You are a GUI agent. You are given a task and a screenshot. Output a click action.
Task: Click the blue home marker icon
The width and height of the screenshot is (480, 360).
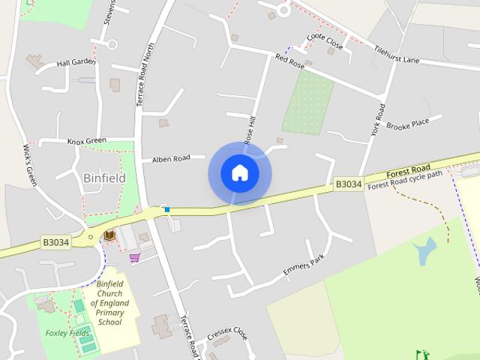[239, 173]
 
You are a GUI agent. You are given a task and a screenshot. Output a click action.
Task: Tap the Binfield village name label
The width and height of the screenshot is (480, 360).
[103, 178]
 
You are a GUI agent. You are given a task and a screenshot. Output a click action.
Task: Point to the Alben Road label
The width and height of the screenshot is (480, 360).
[171, 159]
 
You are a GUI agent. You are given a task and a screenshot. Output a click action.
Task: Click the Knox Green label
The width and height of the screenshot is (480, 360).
[86, 140]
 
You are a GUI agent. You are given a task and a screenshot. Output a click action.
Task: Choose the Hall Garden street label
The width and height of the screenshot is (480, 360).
[76, 63]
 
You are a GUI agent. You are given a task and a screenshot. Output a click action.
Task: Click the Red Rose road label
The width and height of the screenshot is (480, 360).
[289, 61]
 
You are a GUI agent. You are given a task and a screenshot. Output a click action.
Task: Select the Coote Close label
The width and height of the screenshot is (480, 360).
[325, 42]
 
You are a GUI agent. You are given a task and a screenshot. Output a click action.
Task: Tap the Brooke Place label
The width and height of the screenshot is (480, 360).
[407, 124]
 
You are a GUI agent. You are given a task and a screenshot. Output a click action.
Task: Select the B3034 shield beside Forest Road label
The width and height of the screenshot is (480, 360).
[348, 184]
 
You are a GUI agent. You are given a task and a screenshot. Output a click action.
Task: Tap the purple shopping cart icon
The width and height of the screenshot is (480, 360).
[134, 257]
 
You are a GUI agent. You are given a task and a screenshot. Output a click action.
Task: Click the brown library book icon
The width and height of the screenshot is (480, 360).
[109, 236]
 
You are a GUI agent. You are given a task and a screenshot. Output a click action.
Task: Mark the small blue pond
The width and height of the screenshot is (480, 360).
[424, 251]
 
